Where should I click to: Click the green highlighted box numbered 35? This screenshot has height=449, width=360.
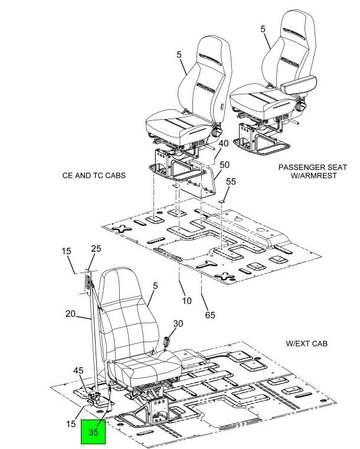(93, 431)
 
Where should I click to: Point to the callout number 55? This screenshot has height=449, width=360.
(231, 182)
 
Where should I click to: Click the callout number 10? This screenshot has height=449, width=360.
(186, 301)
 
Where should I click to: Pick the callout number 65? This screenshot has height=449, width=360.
(210, 315)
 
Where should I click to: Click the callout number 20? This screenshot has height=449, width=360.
(70, 314)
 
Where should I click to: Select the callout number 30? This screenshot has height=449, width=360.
(178, 323)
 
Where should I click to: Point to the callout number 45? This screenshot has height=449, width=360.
(78, 371)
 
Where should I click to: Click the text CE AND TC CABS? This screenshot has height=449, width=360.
(94, 176)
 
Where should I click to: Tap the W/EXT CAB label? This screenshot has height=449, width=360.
(306, 343)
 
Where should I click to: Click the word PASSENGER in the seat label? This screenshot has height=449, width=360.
(297, 168)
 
